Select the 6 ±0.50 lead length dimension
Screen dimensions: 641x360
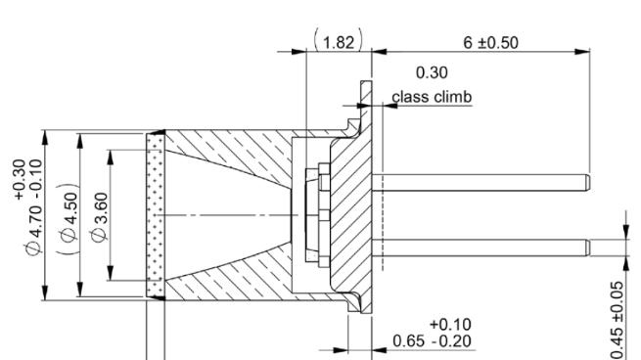pos(490,42)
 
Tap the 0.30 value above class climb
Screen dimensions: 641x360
pos(432,72)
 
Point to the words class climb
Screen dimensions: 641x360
pos(433,97)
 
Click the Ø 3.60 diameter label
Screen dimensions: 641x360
pos(100,217)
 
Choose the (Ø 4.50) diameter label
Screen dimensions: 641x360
pos(68,218)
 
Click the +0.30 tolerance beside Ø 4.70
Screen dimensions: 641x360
pos(20,179)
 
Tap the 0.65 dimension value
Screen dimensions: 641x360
pos(408,340)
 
